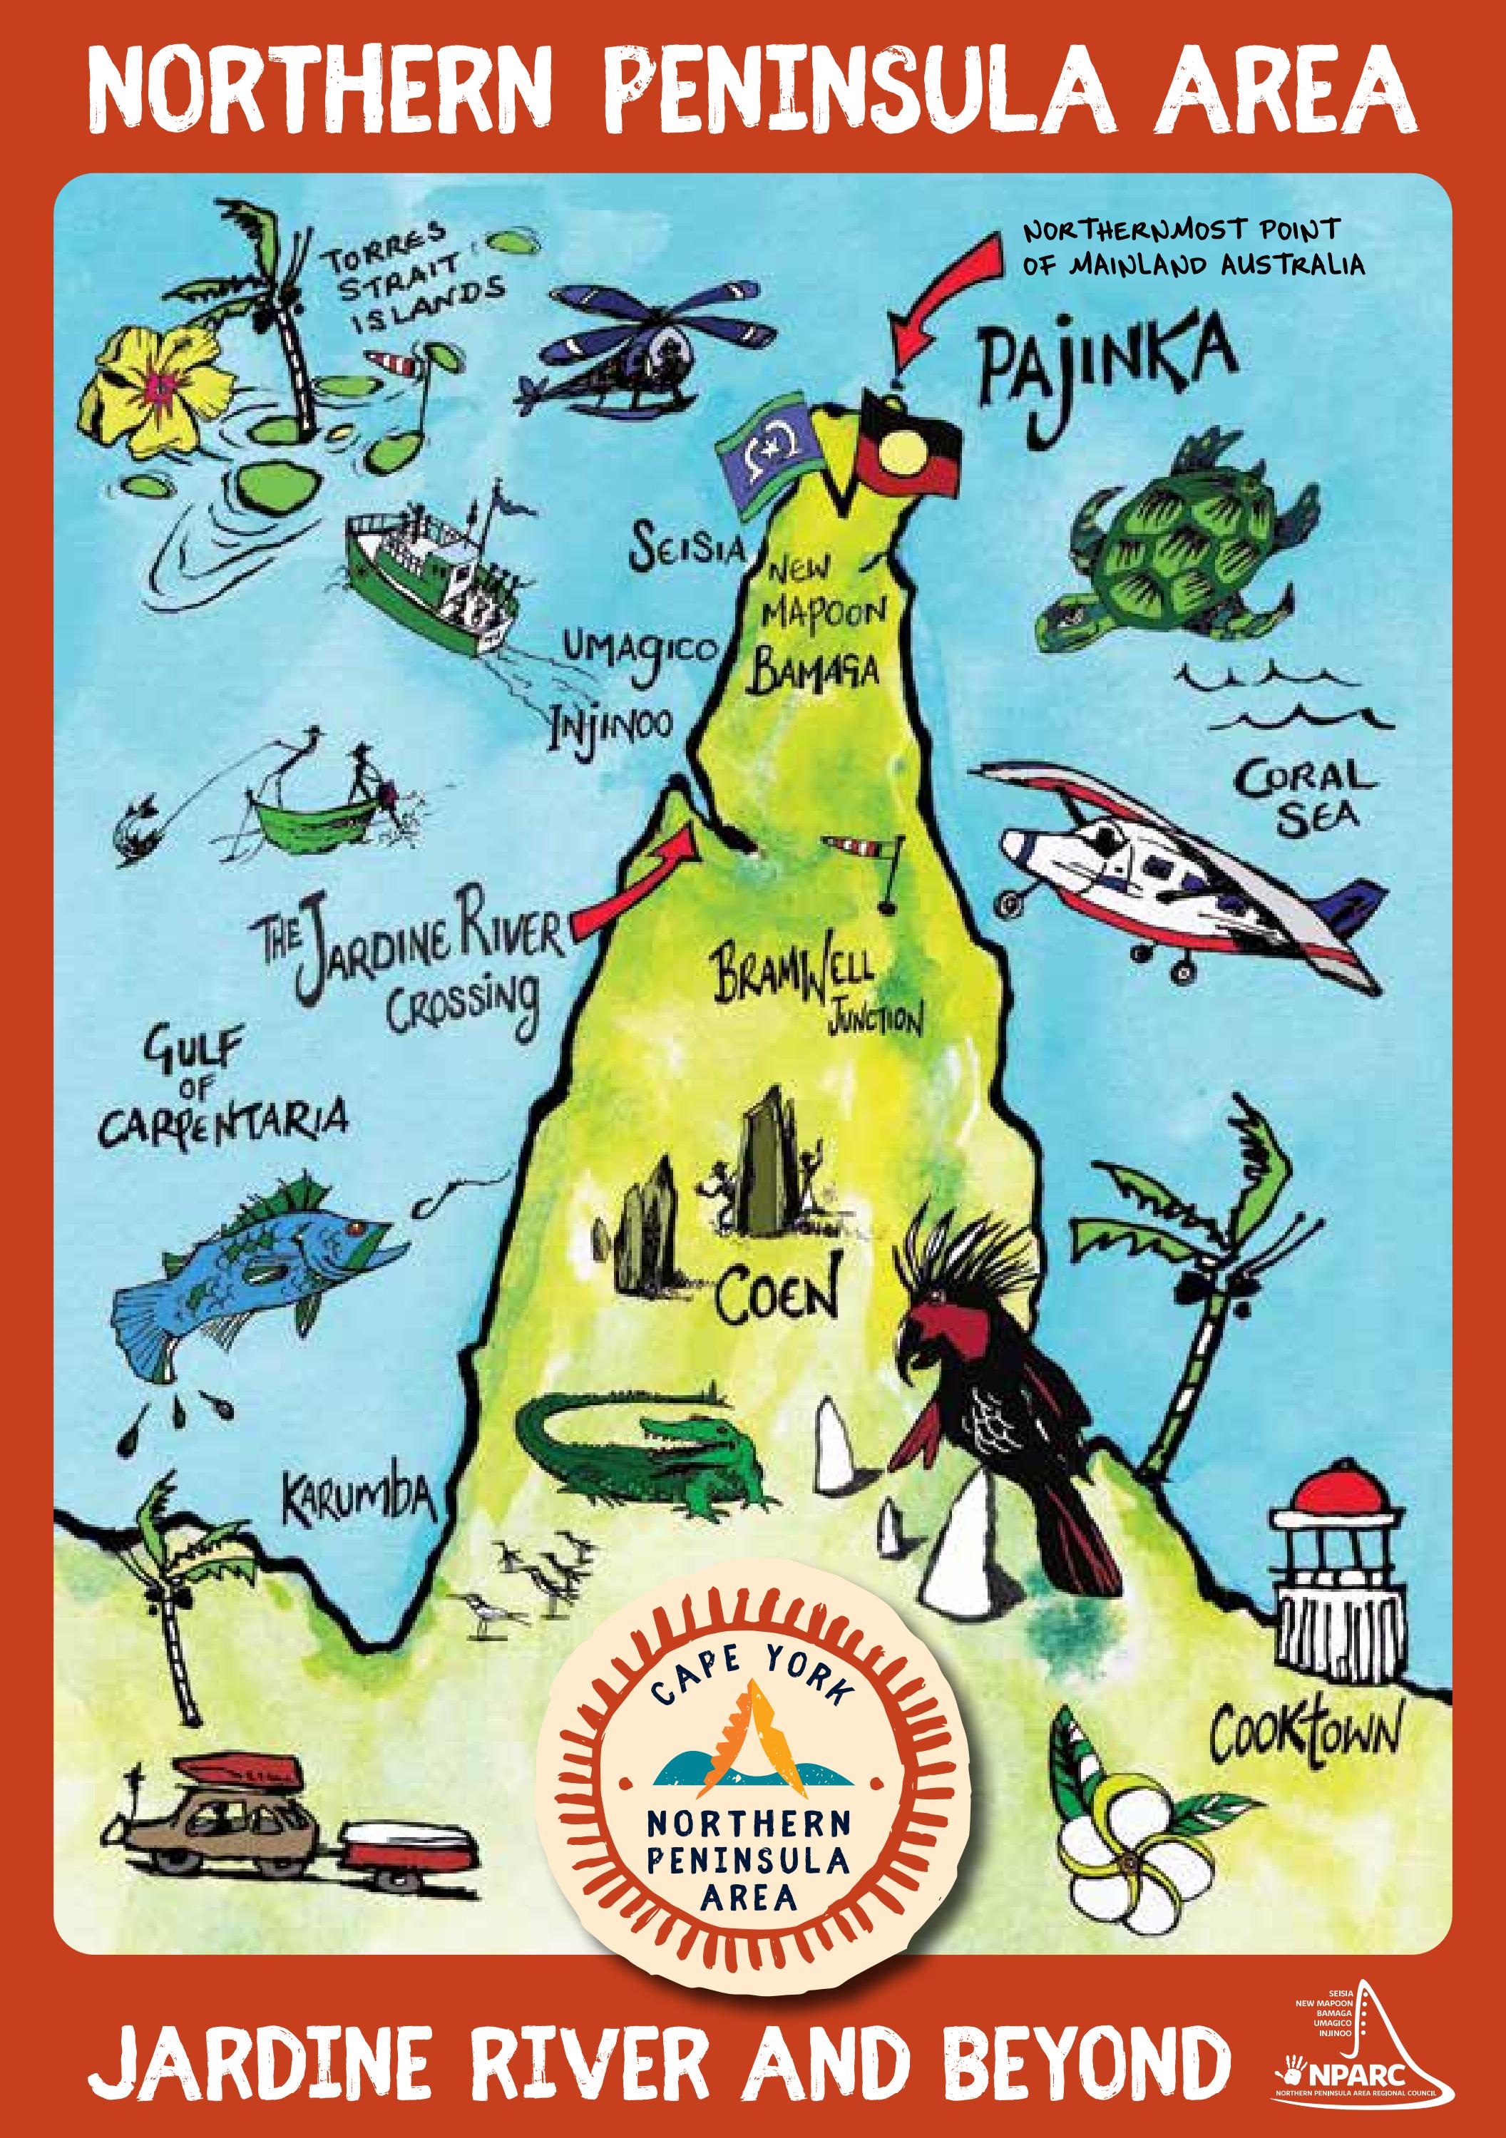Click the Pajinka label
pyautogui.click(x=1108, y=371)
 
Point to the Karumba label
pyautogui.click(x=359, y=1496)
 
